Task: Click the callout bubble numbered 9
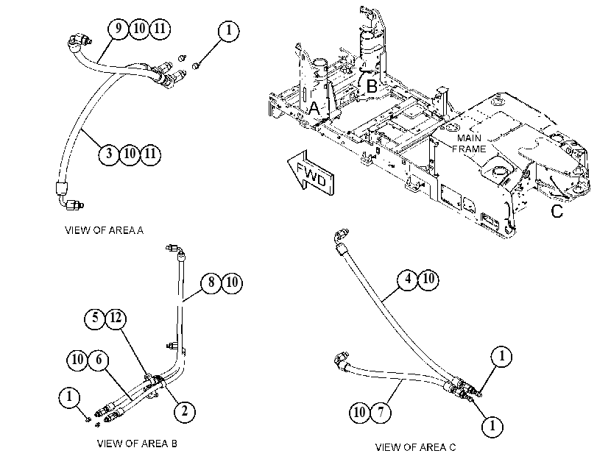click(x=119, y=29)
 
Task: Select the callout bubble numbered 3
click(x=109, y=154)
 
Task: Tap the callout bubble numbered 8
click(x=211, y=282)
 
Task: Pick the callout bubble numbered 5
click(x=95, y=319)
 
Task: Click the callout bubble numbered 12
click(x=116, y=319)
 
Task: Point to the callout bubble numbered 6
click(x=98, y=360)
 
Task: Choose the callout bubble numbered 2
click(x=185, y=411)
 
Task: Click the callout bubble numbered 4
click(x=408, y=280)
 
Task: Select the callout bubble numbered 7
click(x=381, y=412)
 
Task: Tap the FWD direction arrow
click(x=311, y=174)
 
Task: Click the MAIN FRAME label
click(x=469, y=143)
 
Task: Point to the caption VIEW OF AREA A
click(x=104, y=230)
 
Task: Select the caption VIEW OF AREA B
click(x=137, y=444)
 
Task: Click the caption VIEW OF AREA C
click(x=415, y=447)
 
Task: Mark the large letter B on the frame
click(x=372, y=86)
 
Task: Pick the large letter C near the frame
click(x=557, y=211)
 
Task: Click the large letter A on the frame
click(x=314, y=108)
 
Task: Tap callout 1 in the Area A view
click(x=229, y=31)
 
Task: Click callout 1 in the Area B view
click(x=69, y=398)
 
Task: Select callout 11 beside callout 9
click(x=160, y=29)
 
